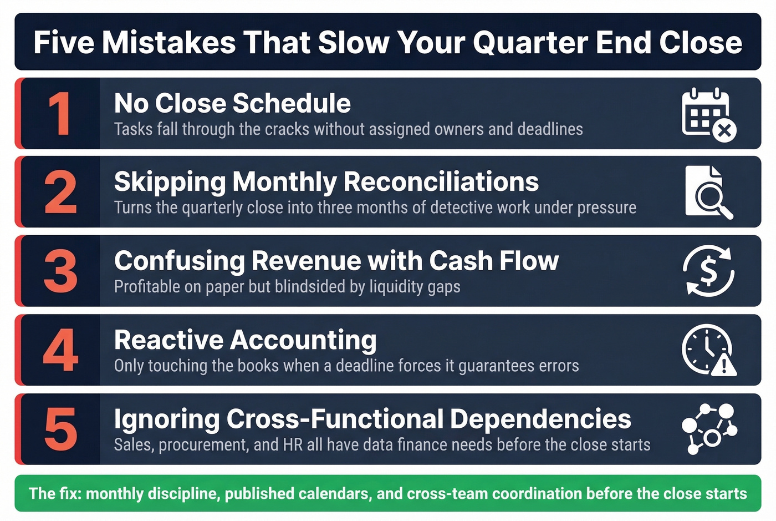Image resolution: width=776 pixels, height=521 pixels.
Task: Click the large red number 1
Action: pos(60,114)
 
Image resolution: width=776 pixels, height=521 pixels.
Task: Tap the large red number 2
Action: pos(60,193)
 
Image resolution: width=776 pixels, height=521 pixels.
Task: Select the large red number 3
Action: pos(60,271)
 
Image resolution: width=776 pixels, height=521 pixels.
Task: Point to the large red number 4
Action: pos(60,350)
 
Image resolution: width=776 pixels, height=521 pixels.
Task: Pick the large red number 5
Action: pos(60,429)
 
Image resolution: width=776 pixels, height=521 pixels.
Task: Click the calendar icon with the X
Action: pos(708,114)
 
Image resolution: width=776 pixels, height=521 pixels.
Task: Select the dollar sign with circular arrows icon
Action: pos(708,271)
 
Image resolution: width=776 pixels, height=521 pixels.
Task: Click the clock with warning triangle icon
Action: pos(708,350)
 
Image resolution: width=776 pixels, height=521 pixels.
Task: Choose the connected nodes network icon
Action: pos(708,429)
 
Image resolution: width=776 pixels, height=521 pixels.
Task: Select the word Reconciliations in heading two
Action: pos(441,182)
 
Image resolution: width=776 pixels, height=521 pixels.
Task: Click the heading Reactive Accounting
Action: pos(245,340)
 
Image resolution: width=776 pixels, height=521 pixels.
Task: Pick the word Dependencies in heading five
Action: pos(540,419)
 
